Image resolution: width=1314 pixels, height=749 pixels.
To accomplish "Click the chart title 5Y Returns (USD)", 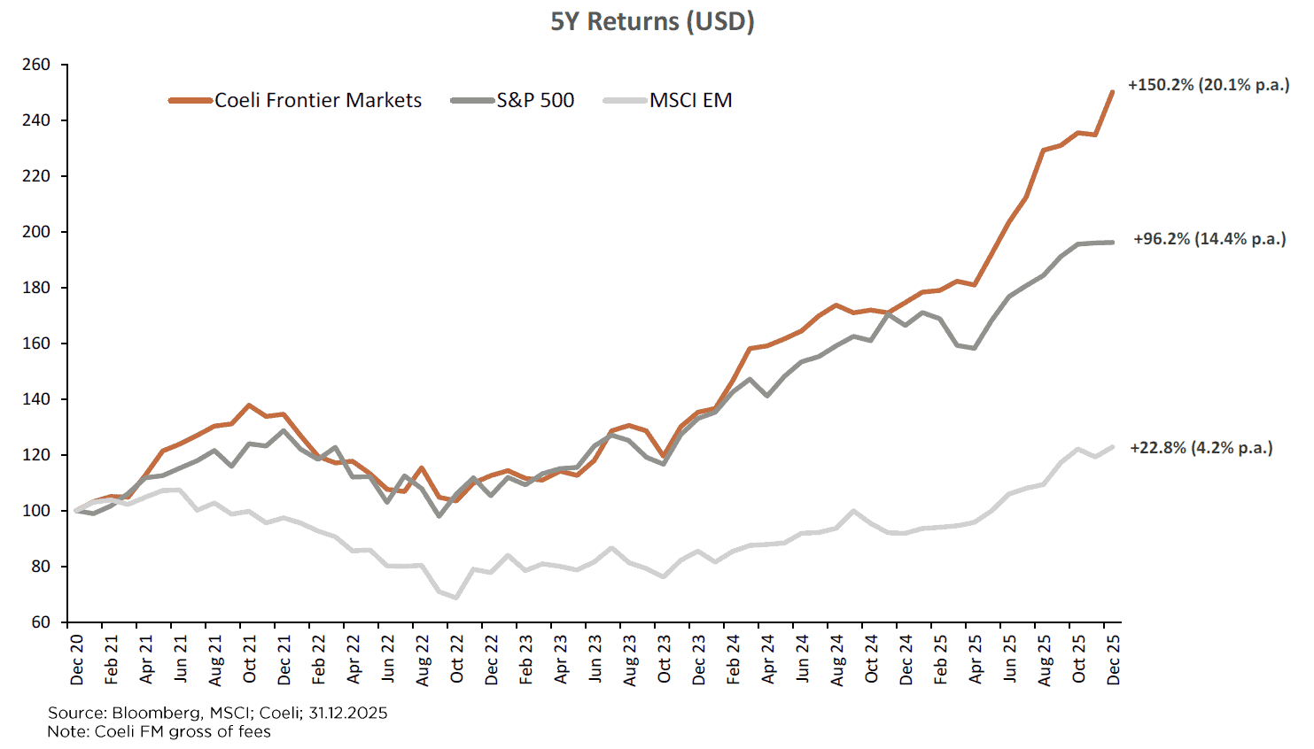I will (x=652, y=21).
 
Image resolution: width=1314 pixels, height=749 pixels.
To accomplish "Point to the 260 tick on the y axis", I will (x=36, y=65).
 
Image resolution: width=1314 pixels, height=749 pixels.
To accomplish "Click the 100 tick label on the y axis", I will (x=36, y=511).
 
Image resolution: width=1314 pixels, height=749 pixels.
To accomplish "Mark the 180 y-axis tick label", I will (x=36, y=288).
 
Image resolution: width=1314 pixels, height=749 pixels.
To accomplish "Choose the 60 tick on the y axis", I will (x=41, y=622).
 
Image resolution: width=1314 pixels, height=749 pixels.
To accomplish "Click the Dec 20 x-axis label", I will (x=77, y=660).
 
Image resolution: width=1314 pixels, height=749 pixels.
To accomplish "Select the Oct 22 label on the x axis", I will (x=457, y=660).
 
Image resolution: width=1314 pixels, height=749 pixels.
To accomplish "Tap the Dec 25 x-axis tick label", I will (x=1114, y=660).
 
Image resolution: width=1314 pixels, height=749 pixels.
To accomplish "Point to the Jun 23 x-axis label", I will (x=595, y=660).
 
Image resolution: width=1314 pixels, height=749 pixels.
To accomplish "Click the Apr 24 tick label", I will (x=768, y=660).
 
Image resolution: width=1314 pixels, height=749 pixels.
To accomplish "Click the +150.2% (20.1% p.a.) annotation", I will (x=1209, y=85).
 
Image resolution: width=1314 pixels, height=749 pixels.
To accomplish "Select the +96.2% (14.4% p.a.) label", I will (x=1209, y=239).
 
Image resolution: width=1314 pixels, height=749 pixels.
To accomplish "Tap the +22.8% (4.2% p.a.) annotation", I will (x=1201, y=448).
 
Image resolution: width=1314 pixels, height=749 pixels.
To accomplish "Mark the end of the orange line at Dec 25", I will (x=1113, y=91).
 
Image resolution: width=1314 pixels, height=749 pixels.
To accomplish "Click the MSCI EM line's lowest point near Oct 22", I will (x=456, y=598).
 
